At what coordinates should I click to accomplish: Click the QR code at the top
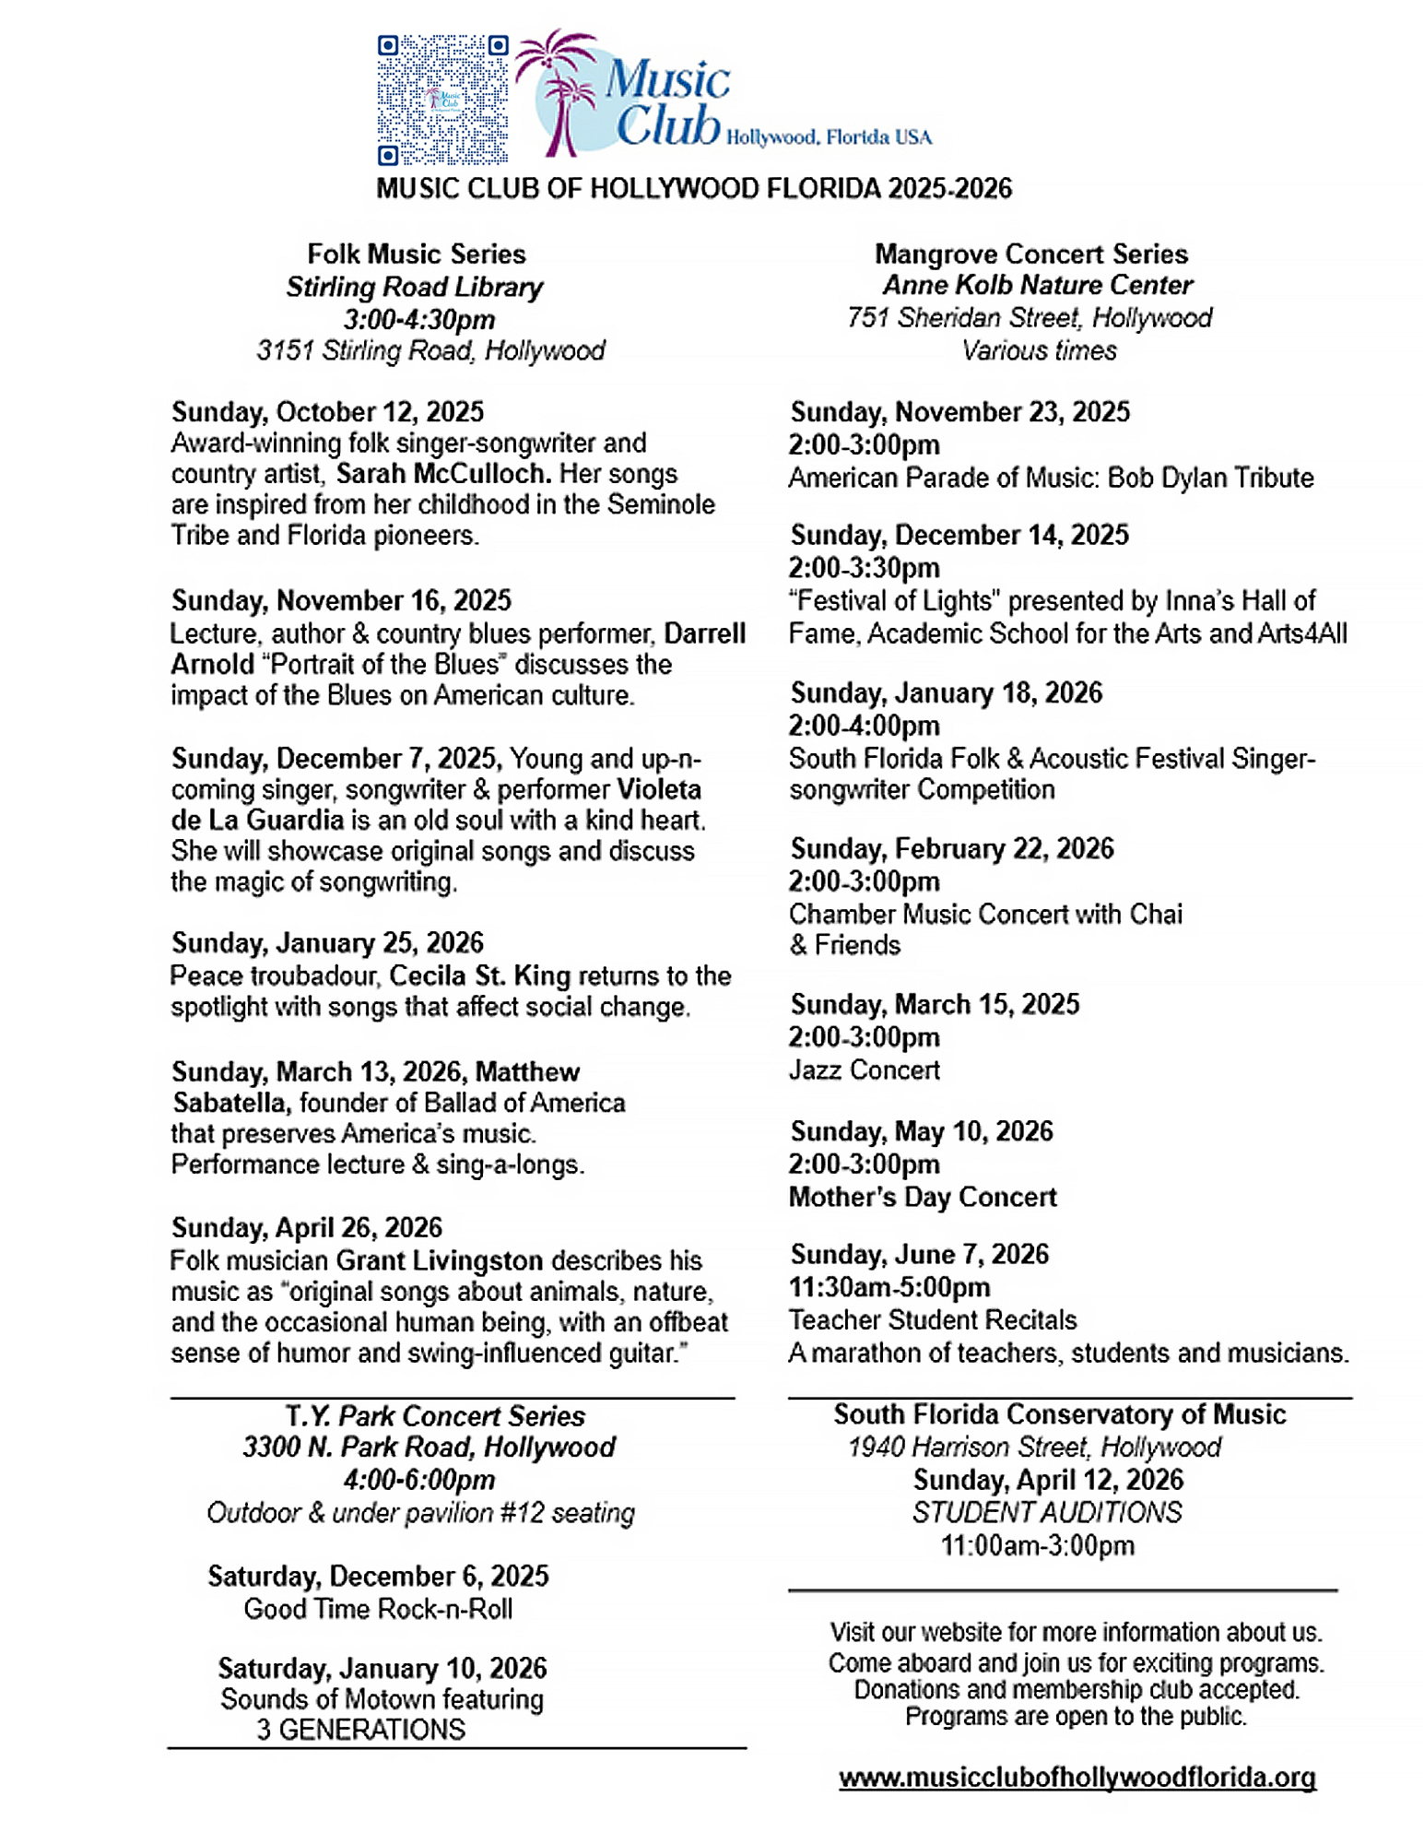point(442,100)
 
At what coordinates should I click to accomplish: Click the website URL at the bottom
point(1077,1777)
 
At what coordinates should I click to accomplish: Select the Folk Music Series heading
point(416,254)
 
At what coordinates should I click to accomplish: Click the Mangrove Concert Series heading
point(1030,254)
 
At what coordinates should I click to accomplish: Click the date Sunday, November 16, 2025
point(341,600)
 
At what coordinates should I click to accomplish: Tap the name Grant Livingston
point(439,1260)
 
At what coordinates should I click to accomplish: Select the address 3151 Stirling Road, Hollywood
point(430,350)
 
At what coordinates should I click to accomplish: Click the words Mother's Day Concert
point(922,1197)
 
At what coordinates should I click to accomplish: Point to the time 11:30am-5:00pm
point(889,1287)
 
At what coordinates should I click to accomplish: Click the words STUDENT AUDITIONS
point(1046,1512)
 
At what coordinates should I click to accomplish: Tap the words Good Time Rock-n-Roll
point(378,1609)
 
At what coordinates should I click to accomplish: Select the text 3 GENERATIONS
point(360,1730)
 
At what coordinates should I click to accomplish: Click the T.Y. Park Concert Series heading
point(434,1415)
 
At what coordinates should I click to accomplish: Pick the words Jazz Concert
point(864,1070)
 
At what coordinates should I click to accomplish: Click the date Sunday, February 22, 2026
point(952,848)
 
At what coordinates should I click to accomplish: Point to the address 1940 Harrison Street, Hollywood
point(1033,1447)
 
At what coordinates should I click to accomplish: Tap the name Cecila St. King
point(479,975)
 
